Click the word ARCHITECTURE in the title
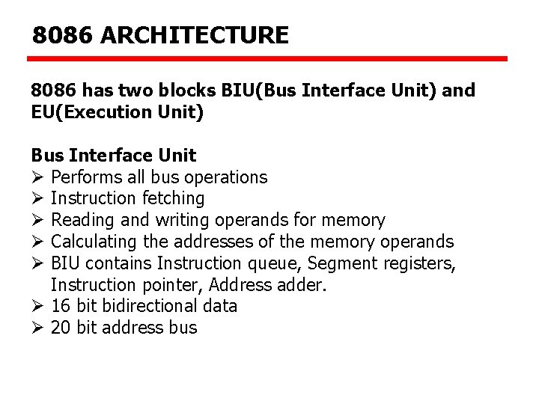[194, 35]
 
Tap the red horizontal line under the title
[268, 58]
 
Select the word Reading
[83, 220]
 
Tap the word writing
[183, 220]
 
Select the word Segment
[342, 263]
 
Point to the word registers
[419, 263]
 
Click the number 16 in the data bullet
[61, 306]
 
